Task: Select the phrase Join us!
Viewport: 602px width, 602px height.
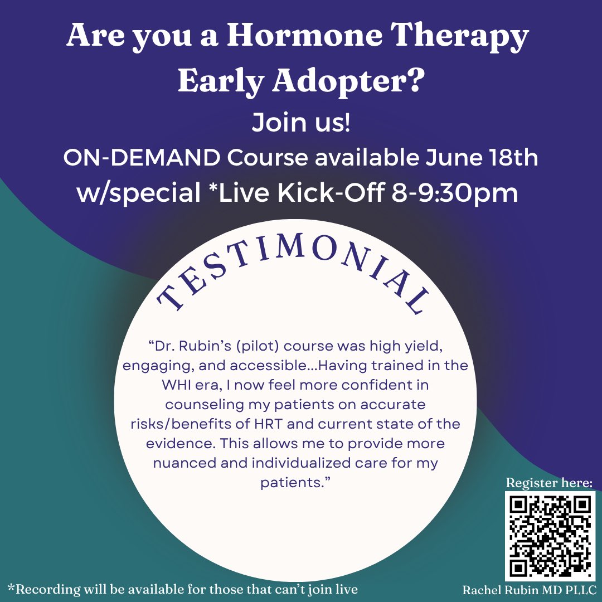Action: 301,123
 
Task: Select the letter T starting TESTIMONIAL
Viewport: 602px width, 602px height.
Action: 168,301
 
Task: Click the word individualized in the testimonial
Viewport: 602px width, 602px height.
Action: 294,463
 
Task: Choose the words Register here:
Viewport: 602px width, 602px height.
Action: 549,482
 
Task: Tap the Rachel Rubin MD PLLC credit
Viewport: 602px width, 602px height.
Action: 530,589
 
